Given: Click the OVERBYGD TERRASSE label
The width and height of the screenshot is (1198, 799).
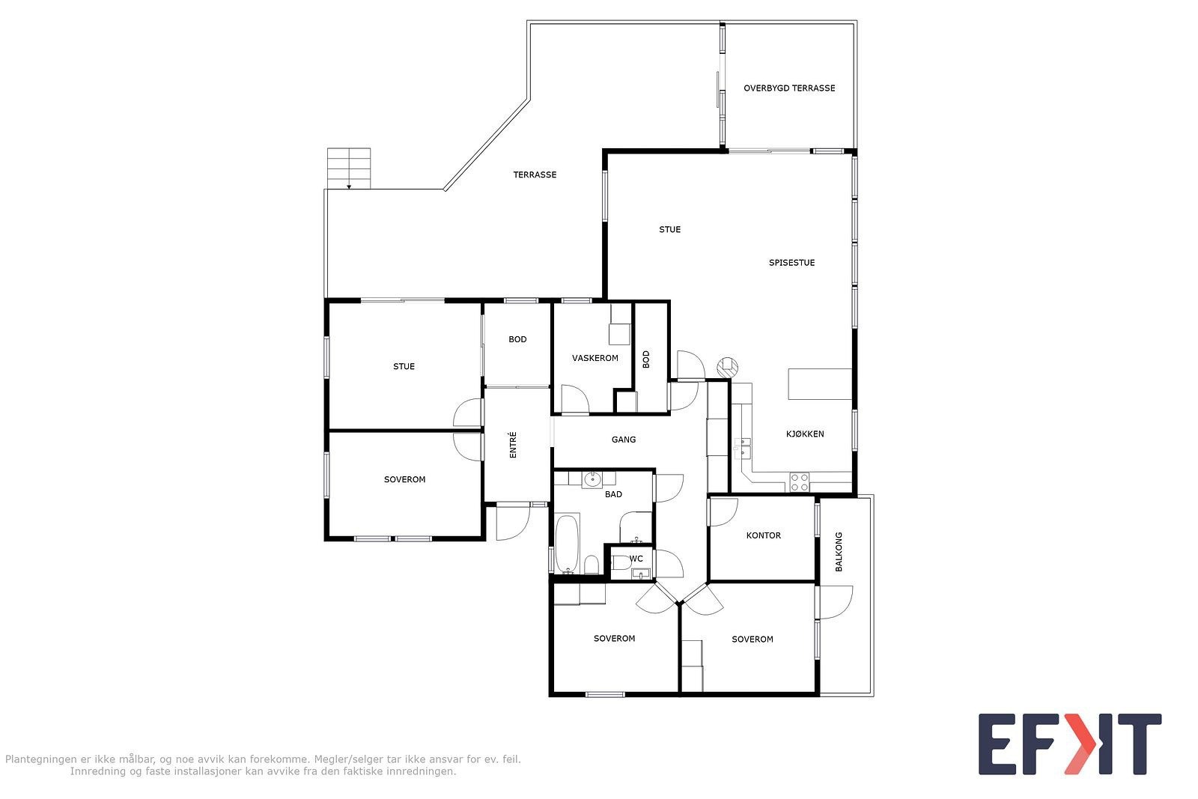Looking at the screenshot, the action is coord(789,88).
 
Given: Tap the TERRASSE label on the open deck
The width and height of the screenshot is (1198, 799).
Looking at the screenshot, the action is coord(535,175).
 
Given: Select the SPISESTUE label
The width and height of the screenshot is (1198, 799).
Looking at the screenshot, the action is coord(791,263).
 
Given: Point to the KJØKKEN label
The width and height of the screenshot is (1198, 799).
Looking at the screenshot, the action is coord(805,434).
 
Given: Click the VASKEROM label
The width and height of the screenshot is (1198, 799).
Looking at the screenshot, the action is coord(595,359).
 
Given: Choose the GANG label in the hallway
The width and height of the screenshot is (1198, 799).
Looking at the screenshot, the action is coord(624,440).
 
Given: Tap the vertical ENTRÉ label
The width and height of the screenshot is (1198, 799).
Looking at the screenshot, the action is coord(513,445).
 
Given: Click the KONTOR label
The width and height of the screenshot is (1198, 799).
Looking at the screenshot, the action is coord(763,535).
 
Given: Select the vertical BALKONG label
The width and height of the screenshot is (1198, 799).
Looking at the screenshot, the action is coord(839,552).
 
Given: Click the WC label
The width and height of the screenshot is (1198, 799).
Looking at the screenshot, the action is coord(636,559).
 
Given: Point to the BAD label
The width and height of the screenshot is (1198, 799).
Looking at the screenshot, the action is coord(613,495).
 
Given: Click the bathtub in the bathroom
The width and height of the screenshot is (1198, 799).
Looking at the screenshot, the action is coord(567,544).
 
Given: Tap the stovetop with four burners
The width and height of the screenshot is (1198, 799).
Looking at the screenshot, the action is coord(800,482).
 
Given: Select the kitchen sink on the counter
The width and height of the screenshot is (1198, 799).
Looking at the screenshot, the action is coord(742,449).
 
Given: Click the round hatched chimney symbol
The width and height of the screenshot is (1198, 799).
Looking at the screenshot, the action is coord(727,368).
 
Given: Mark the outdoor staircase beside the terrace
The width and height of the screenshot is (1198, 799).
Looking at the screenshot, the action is coord(349,168).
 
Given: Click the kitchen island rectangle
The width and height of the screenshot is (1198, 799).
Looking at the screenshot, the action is coord(820,384).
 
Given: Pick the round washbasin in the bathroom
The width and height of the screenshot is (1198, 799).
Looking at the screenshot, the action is coord(592,480).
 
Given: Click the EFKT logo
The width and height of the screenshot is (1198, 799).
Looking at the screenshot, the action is coord(1070,744).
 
